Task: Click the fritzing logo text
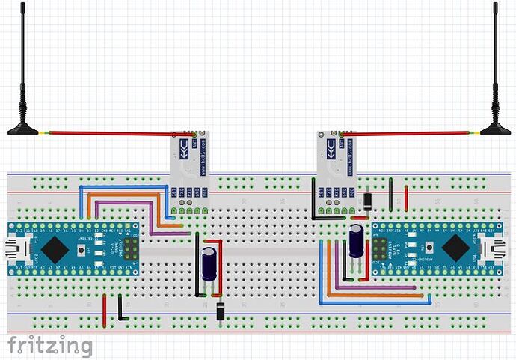click(50, 346)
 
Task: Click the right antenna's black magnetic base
click(495, 129)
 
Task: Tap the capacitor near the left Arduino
click(209, 266)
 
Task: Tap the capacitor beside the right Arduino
click(357, 241)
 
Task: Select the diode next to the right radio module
click(368, 201)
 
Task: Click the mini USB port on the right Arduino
click(498, 248)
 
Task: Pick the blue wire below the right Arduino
click(374, 303)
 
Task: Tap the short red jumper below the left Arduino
click(104, 305)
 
